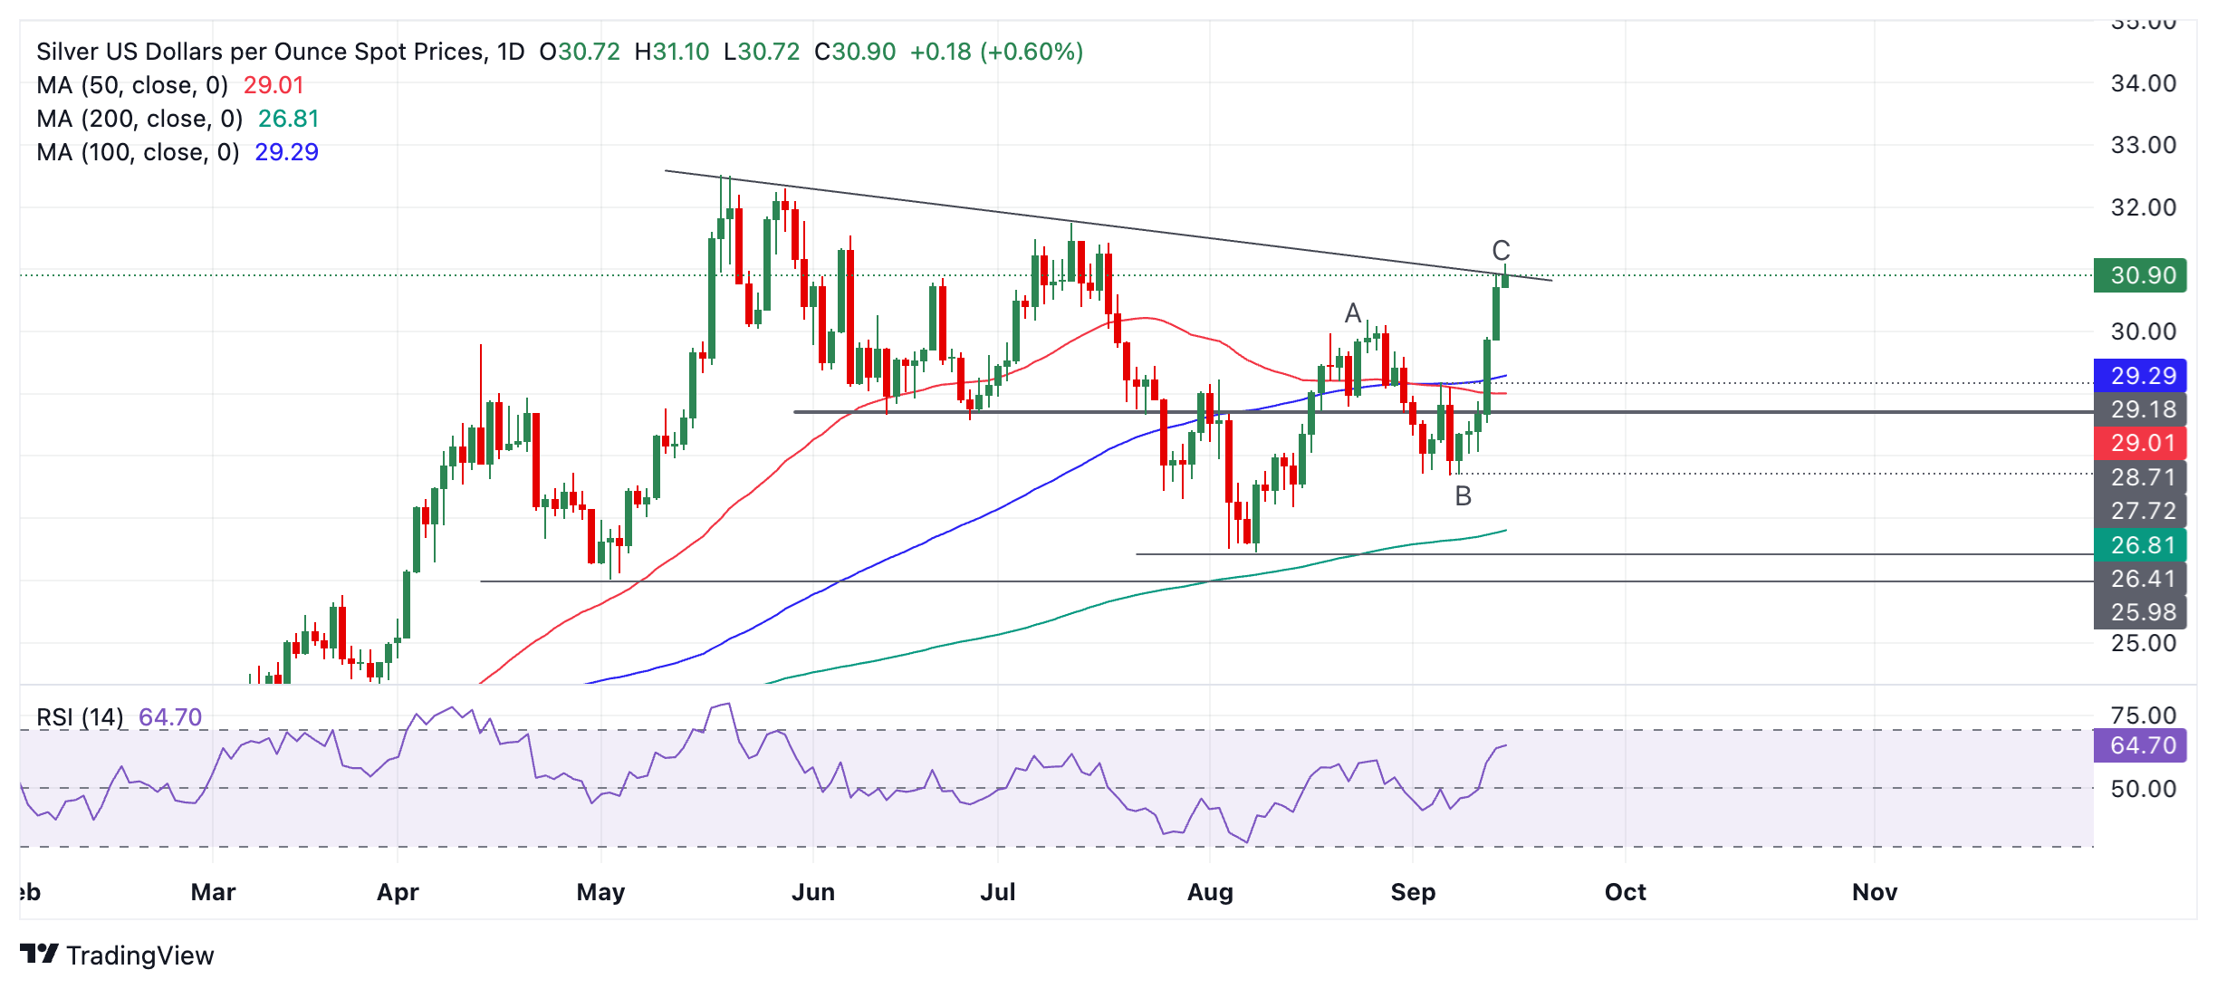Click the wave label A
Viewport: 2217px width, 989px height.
click(1352, 313)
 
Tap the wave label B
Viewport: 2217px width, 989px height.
click(1463, 496)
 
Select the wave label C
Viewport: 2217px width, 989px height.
click(1501, 251)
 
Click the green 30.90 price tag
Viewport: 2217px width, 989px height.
click(2140, 275)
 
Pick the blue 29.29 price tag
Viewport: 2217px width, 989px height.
click(2140, 376)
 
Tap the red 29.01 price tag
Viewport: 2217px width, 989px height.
click(2140, 443)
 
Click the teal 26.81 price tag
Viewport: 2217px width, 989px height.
click(2140, 545)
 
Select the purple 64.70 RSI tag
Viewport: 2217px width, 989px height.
click(2140, 745)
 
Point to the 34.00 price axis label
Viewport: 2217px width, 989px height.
click(2143, 83)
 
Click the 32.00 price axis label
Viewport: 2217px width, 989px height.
click(2143, 207)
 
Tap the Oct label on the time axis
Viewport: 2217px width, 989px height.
click(1625, 892)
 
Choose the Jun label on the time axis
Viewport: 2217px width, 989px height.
click(812, 892)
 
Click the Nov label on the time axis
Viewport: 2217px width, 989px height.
click(1874, 892)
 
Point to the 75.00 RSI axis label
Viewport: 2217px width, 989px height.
click(2143, 715)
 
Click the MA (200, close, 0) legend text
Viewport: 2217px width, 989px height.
click(139, 119)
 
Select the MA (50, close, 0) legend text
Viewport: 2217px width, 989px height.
click(132, 85)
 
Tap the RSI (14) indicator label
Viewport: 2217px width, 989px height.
click(80, 717)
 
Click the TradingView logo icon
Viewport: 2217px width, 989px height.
click(39, 955)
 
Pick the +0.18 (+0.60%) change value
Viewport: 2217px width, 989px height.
click(996, 52)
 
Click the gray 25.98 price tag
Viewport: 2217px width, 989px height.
click(2140, 612)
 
